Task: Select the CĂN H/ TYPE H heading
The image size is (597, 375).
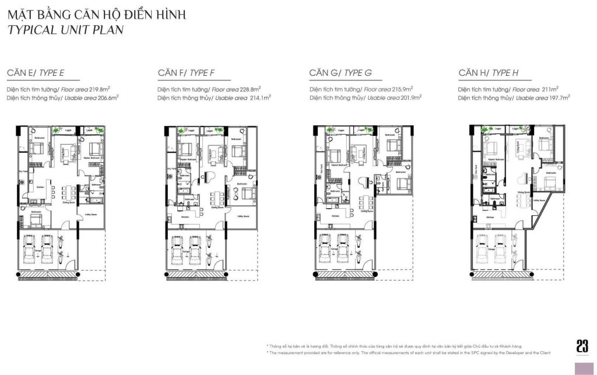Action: (x=488, y=73)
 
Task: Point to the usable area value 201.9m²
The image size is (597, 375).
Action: (x=401, y=98)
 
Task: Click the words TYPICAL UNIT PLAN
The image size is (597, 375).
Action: (x=65, y=30)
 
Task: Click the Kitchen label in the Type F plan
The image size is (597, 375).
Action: (x=186, y=216)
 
